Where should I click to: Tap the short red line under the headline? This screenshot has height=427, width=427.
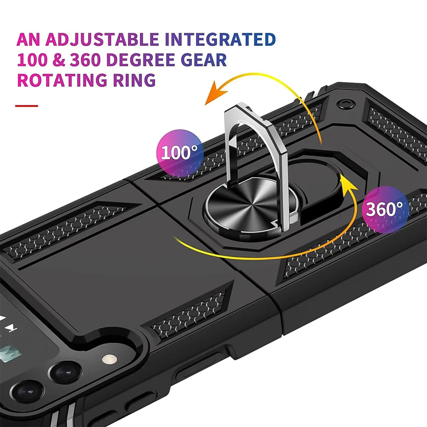tap(26, 106)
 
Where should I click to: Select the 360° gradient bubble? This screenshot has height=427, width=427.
tap(385, 209)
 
